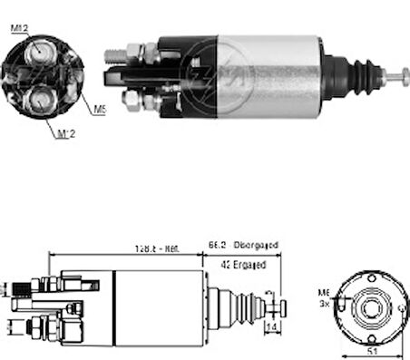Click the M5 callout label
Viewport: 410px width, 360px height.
coord(99,109)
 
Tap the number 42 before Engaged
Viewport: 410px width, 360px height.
coord(224,265)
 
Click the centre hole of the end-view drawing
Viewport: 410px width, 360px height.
coord(370,303)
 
